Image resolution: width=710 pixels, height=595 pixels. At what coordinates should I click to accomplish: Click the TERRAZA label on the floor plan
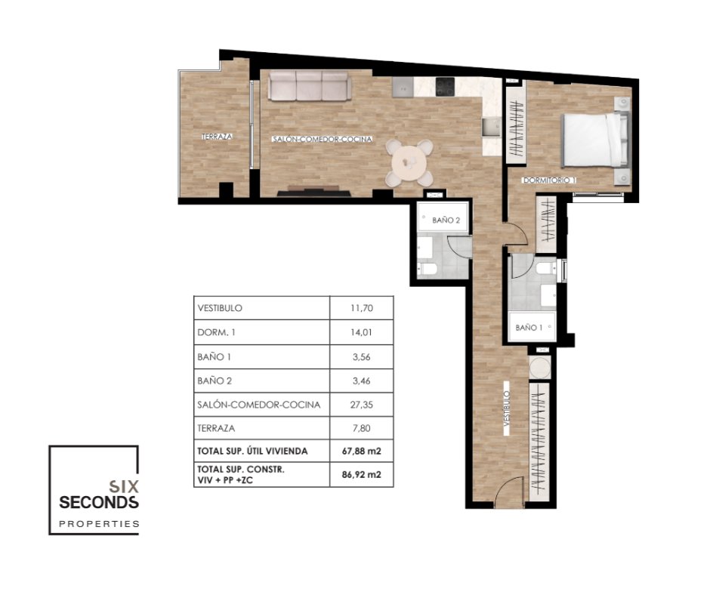(217, 137)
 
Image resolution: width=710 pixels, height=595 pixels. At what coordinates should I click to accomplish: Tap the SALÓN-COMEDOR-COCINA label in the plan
(322, 139)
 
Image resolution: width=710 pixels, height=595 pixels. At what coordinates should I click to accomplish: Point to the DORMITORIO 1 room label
(549, 180)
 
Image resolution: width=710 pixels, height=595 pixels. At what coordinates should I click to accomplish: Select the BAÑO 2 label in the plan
(446, 220)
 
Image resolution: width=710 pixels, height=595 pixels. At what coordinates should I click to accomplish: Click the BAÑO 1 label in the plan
(529, 328)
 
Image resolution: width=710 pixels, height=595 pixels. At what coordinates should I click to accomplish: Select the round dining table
(410, 162)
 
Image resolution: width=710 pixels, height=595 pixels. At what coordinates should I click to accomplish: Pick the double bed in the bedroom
(595, 140)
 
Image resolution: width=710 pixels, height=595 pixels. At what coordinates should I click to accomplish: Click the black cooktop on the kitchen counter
(445, 87)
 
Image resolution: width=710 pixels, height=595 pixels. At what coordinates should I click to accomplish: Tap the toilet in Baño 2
(428, 270)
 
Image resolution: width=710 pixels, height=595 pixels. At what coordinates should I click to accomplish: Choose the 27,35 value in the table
(361, 405)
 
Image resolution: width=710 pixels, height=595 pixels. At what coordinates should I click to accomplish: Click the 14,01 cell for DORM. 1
(361, 332)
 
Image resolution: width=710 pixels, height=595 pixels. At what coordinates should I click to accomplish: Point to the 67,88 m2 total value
(361, 451)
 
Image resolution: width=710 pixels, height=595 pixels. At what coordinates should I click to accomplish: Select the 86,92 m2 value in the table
(361, 474)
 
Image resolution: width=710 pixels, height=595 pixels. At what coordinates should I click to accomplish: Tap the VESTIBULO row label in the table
(220, 308)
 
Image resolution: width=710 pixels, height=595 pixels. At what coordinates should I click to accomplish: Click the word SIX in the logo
(124, 486)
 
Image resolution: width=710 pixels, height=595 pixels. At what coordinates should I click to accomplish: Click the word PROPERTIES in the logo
(99, 524)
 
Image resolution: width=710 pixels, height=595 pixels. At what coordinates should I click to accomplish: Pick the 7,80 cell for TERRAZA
(361, 428)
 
